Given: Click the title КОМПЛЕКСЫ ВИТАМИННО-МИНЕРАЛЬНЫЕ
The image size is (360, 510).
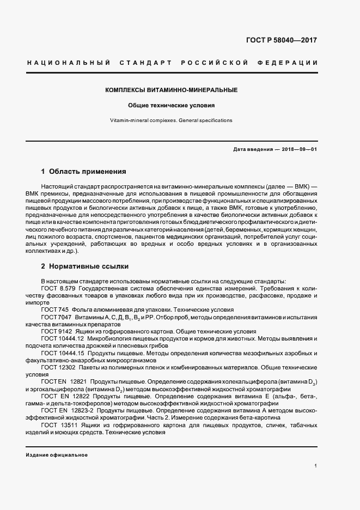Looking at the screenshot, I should pos(172,89).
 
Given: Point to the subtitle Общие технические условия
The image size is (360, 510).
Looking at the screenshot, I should pos(172,105).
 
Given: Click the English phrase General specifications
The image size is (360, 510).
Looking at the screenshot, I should pos(204,120).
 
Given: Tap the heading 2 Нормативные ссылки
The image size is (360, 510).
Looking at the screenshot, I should pos(85,267).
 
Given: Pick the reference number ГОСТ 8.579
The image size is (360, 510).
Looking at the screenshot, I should pos(57,287).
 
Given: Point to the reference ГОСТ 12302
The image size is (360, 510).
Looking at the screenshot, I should pos(57,368).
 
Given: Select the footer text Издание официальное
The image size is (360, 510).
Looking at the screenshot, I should pos(57,455).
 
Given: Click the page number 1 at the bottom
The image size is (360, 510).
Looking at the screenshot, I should pos(316,466).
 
